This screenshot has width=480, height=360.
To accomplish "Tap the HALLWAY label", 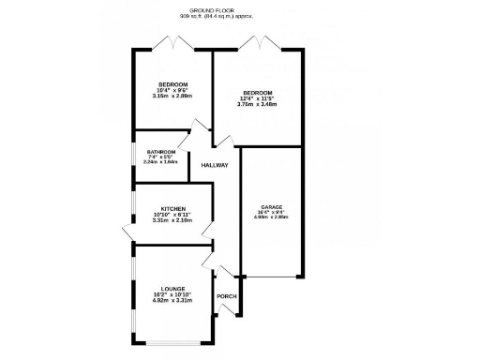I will tap(215, 166).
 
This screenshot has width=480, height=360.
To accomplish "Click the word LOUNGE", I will tap(172, 289).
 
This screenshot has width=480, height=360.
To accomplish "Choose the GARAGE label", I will tap(272, 207).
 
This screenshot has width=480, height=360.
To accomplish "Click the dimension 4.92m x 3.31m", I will tap(172, 301).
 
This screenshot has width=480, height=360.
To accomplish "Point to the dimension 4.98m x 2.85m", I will tap(272, 218).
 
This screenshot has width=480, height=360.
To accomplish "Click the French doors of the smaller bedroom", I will tap(172, 42).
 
